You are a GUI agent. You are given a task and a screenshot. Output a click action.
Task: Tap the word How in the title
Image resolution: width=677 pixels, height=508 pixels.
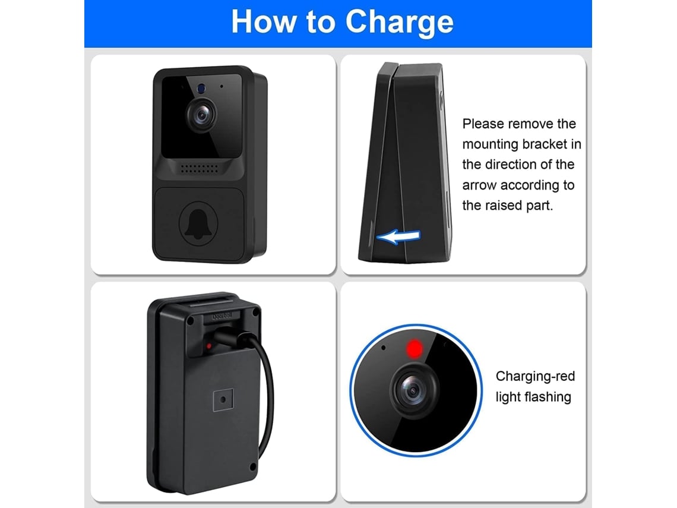263,21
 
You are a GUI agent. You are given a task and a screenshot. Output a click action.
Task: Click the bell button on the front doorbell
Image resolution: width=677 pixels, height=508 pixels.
198,223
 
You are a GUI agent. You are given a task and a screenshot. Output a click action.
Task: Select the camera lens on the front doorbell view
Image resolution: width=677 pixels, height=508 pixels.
202,115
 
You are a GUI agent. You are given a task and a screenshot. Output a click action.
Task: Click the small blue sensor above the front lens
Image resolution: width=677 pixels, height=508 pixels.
201,89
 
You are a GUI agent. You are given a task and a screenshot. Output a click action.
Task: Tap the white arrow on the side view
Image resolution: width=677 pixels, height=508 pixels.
398,236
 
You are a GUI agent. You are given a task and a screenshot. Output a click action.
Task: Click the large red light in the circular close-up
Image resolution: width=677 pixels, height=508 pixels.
415,349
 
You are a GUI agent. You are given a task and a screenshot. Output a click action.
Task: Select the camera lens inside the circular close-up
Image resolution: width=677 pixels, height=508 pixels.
413,390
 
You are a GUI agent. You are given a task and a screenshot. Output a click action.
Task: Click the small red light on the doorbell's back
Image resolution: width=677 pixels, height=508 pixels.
209,346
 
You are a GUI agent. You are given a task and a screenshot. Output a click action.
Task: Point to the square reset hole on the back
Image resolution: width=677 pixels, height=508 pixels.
223,400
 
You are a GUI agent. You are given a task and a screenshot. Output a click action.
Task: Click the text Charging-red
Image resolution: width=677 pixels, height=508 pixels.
535,376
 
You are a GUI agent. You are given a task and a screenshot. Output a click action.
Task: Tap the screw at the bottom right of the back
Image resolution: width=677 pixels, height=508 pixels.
253,467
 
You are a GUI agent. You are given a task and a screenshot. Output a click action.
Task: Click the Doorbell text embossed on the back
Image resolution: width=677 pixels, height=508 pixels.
222,316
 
